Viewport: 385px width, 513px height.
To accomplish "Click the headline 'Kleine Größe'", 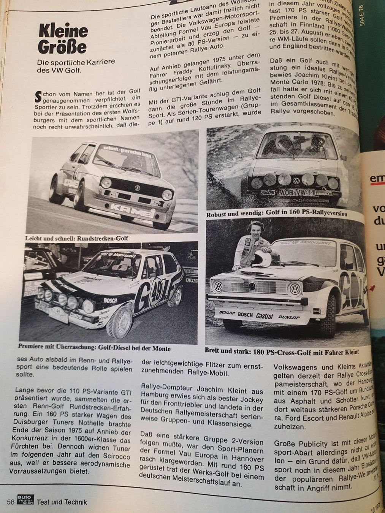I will pyautogui.click(x=63, y=39).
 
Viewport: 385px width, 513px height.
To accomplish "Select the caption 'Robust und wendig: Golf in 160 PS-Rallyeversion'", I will pyautogui.click(x=277, y=214).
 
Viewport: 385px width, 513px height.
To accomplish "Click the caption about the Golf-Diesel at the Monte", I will pyautogui.click(x=94, y=348).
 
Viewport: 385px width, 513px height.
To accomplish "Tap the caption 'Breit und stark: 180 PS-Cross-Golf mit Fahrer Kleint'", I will pyautogui.click(x=282, y=351).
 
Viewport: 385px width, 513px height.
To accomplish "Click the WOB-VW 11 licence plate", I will pyautogui.click(x=296, y=193).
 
